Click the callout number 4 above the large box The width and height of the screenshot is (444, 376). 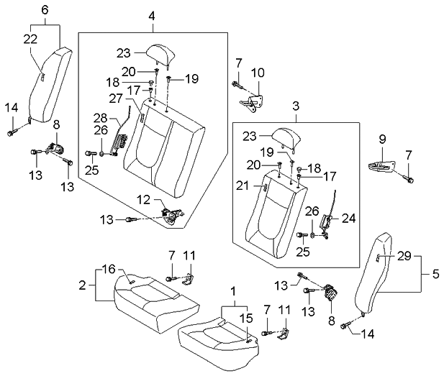pyautogui.click(x=151, y=15)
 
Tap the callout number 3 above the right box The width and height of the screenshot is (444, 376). pyautogui.click(x=296, y=106)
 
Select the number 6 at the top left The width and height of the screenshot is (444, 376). pyautogui.click(x=45, y=9)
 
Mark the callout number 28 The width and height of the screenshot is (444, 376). pyautogui.click(x=101, y=117)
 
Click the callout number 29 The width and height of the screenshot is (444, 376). pyautogui.click(x=404, y=256)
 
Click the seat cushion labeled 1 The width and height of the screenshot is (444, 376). pyautogui.click(x=216, y=334)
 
